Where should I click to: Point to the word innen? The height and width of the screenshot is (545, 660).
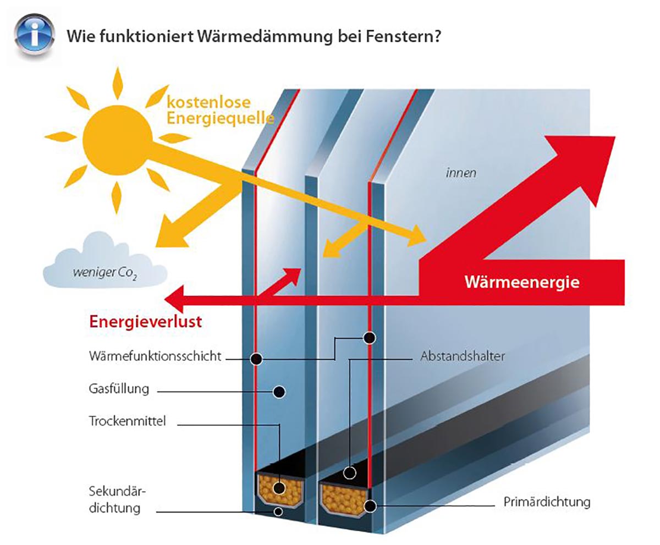461,173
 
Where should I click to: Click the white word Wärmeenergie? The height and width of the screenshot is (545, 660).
522,283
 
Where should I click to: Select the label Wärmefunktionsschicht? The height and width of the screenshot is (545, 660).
155,356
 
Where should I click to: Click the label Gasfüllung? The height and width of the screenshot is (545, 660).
119,389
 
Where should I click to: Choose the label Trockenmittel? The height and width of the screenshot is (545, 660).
127,422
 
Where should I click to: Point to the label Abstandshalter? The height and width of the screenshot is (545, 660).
462,356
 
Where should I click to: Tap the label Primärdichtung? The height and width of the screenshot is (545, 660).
547,502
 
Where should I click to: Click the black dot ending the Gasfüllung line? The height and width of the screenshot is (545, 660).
279,392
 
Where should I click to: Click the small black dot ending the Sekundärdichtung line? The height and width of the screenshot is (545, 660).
279,512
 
